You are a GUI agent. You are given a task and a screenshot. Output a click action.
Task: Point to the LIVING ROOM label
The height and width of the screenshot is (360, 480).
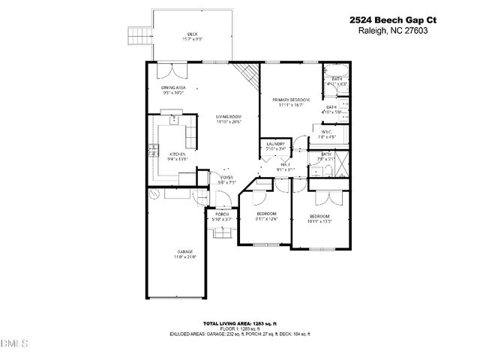(228, 117)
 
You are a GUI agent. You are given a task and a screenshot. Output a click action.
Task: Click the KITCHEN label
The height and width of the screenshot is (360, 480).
(166, 154)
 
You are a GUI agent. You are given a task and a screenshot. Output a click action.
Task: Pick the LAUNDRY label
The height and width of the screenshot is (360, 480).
(275, 144)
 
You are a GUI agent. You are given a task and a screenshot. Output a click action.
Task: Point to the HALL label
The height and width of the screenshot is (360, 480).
(286, 164)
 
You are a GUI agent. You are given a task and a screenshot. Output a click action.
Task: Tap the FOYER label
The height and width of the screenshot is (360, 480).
(226, 177)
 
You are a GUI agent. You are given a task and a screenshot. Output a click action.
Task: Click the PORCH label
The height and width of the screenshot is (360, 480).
(222, 214)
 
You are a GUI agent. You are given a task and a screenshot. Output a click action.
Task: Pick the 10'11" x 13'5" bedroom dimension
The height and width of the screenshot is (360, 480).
(320, 221)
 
